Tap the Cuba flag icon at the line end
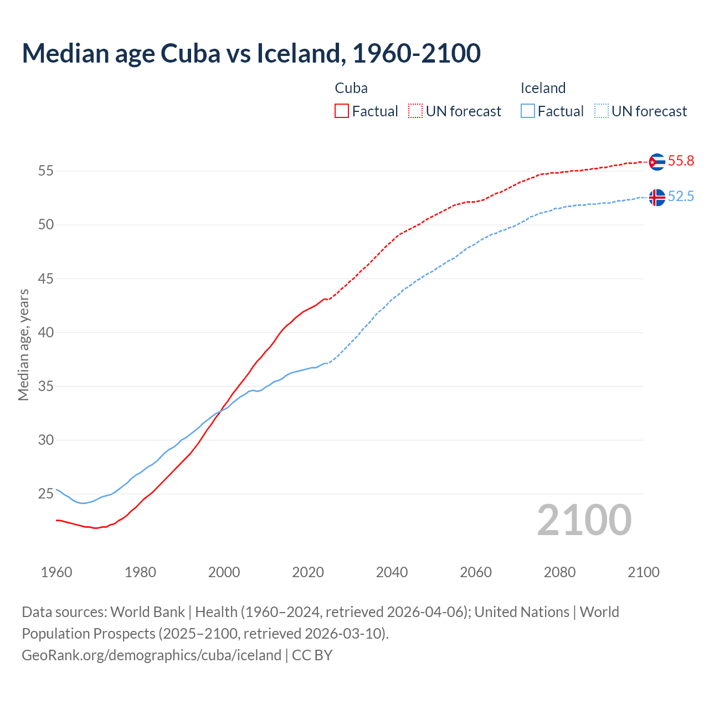[x=657, y=162]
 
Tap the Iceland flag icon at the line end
[x=657, y=197]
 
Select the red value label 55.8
[x=681, y=161]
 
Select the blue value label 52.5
[x=681, y=197]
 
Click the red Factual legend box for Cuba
[x=342, y=111]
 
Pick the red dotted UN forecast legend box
[x=415, y=111]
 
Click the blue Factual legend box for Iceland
[x=528, y=111]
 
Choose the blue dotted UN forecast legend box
[x=601, y=111]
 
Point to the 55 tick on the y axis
[x=46, y=171]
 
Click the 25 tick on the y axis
[x=46, y=494]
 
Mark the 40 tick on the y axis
[x=46, y=333]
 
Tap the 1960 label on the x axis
[x=56, y=572]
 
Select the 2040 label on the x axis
[x=392, y=572]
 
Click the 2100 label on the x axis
[x=643, y=572]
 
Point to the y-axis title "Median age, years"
[x=23, y=345]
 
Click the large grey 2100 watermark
[x=584, y=520]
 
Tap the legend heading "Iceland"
[x=543, y=88]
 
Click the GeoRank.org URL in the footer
[x=151, y=655]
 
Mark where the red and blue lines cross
[x=222, y=409]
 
